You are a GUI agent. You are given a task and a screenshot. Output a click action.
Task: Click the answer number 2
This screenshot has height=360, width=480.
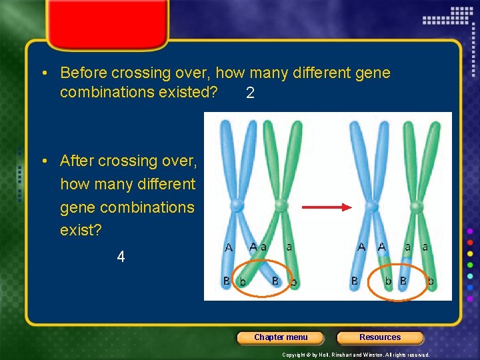[250, 93]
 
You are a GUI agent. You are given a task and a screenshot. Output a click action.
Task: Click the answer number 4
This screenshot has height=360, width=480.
[121, 257]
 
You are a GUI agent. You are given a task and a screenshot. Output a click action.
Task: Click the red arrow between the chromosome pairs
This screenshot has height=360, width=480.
[326, 207]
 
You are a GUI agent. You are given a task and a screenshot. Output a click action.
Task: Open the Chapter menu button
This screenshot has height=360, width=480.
[281, 337]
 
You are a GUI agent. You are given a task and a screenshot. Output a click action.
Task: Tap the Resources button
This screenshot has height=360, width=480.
[380, 337]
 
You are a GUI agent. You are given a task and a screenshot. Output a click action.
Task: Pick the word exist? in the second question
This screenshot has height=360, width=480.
[81, 231]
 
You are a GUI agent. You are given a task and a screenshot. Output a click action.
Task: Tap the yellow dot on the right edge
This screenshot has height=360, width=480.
[470, 253]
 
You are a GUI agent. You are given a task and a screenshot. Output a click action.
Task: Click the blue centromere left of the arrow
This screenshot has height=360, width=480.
[237, 205]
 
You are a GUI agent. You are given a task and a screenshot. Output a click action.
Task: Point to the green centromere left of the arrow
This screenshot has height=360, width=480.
[281, 205]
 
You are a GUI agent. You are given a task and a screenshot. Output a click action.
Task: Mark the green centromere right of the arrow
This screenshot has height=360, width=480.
[416, 205]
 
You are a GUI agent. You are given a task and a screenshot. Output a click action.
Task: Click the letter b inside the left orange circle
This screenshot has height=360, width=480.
[243, 282]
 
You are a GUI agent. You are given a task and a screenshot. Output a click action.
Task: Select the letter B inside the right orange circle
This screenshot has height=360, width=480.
[403, 281]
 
